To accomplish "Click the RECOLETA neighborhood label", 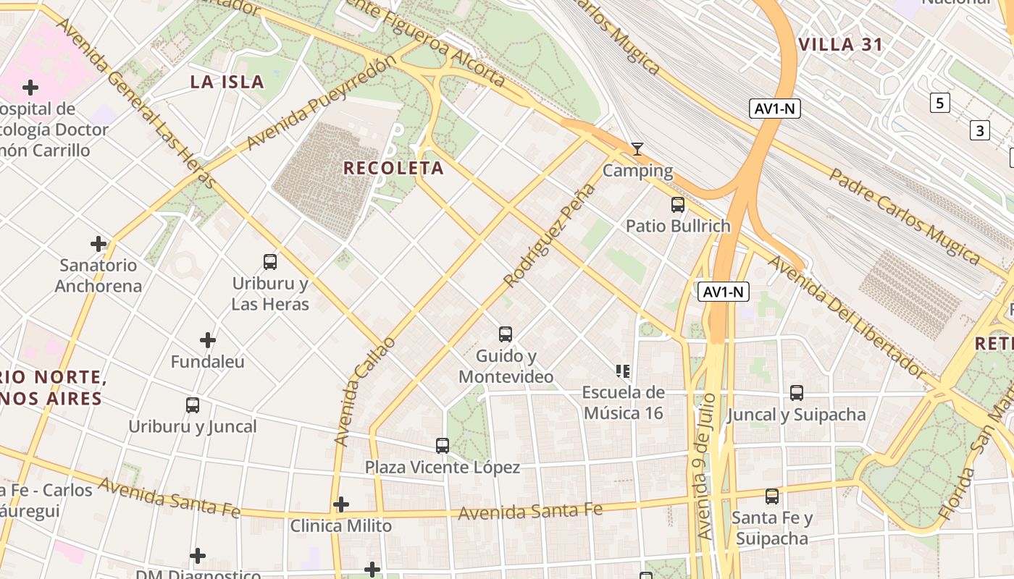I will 393,168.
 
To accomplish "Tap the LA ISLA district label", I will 227,82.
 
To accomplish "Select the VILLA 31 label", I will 840,44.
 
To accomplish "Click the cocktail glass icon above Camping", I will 637,149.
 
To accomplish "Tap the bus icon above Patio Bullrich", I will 678,205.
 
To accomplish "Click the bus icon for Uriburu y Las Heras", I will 270,262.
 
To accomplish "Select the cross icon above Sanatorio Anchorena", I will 99,244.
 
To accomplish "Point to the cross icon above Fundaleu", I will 208,339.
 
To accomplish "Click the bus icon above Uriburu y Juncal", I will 193,405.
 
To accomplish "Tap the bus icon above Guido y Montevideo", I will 506,334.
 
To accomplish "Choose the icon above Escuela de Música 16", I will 623,371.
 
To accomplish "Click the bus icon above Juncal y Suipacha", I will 797,393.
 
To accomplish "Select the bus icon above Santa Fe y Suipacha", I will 772,496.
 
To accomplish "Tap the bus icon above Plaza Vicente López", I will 443,446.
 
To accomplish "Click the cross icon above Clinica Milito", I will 341,504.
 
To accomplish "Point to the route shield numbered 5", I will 939,103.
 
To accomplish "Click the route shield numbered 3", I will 979,131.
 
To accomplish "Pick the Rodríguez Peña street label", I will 550,234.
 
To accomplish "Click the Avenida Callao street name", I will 365,391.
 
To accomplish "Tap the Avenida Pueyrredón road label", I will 322,103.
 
